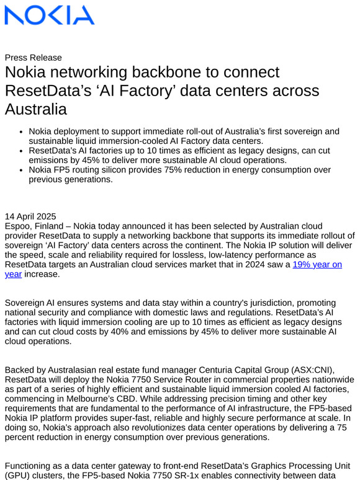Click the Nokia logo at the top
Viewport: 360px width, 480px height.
coord(50,16)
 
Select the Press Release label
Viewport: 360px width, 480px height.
coord(33,58)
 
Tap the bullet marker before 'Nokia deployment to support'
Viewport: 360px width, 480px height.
coord(21,132)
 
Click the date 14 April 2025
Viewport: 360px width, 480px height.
coord(30,216)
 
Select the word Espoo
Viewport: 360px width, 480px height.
coord(19,226)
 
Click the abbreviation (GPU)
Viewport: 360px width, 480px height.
coord(19,475)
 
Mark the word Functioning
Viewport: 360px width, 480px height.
coord(34,465)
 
